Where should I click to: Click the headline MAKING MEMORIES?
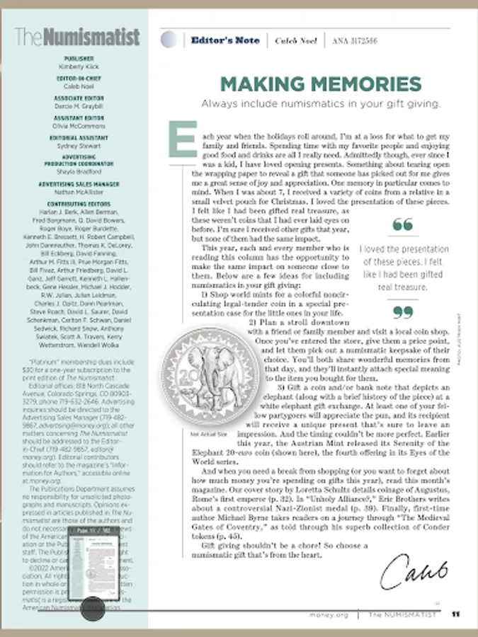point(320,84)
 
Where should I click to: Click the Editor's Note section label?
point(224,40)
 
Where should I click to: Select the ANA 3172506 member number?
point(354,40)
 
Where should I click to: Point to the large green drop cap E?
point(181,139)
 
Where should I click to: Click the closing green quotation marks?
point(402,311)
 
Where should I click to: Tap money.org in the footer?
point(329,614)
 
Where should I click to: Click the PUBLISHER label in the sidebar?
point(79,58)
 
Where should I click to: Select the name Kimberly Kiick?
point(79,66)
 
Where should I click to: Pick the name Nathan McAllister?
point(79,191)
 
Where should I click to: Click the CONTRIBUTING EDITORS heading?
point(79,203)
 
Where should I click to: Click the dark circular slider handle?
point(92,608)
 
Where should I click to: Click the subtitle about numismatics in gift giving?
point(320,103)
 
